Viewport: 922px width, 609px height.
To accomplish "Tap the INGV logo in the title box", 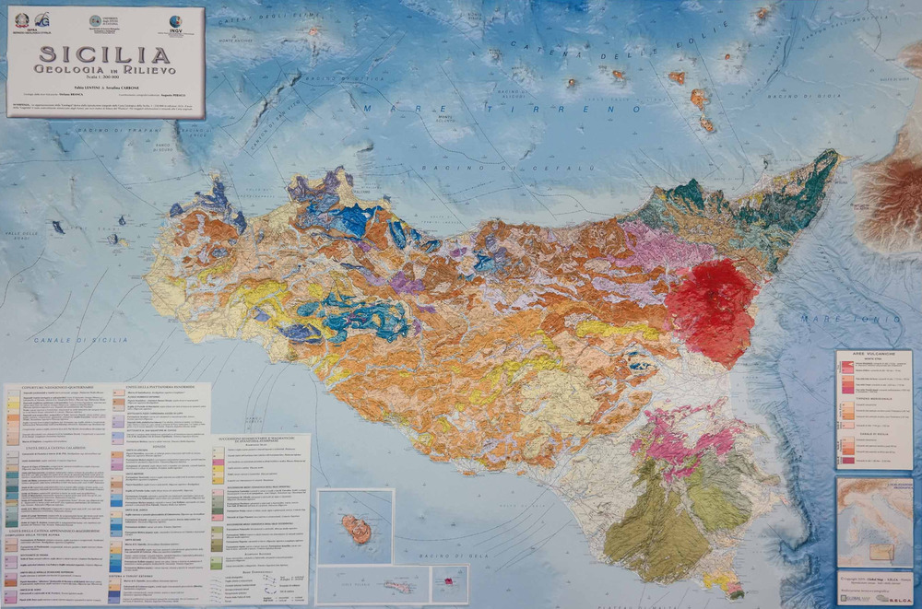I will [175, 22].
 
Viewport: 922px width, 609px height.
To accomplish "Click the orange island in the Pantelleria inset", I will [356, 529].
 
